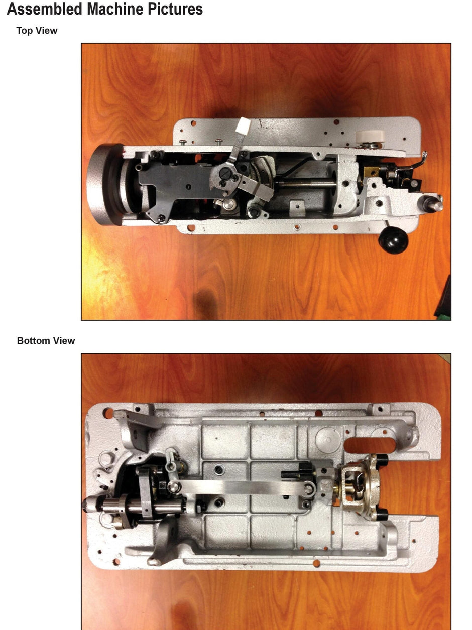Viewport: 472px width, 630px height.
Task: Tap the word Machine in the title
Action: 102,10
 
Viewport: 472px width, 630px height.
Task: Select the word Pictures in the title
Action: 168,10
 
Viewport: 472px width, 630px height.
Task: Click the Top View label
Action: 37,31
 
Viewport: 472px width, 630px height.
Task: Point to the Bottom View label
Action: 46,341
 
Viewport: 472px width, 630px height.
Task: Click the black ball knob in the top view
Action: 393,241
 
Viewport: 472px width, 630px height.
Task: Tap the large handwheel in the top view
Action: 103,184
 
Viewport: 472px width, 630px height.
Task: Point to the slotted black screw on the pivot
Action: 225,175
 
